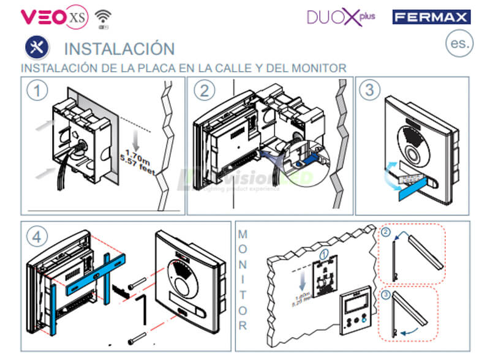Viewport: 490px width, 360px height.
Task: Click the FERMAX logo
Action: click(x=431, y=17)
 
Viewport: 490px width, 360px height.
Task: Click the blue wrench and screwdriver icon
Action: click(x=36, y=48)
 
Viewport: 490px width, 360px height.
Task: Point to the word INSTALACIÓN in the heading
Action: click(x=119, y=48)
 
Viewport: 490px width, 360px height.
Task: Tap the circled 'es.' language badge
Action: click(x=459, y=43)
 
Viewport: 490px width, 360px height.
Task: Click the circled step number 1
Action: click(x=38, y=91)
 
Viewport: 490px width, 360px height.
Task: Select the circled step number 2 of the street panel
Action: click(x=204, y=91)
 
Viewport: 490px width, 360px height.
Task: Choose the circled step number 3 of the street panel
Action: click(x=369, y=91)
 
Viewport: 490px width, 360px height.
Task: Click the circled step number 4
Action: click(x=38, y=234)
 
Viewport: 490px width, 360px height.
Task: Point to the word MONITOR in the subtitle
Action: click(x=316, y=68)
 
